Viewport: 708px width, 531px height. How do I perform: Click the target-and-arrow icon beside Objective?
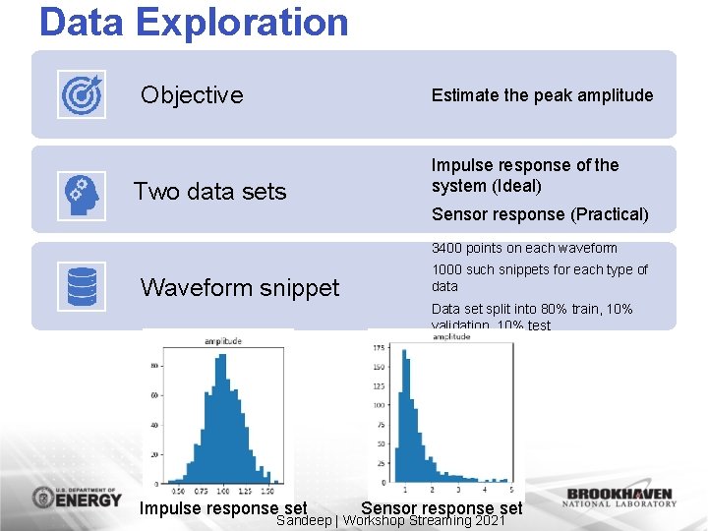tap(82, 95)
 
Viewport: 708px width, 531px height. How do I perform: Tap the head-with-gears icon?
tap(82, 192)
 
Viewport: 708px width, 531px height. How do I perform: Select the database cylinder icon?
tap(82, 287)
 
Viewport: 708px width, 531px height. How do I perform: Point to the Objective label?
tap(192, 95)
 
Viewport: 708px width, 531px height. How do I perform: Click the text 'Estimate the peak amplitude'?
tap(542, 95)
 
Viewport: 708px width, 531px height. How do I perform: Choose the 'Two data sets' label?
tap(209, 192)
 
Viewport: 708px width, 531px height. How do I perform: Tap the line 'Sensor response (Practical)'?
tap(540, 214)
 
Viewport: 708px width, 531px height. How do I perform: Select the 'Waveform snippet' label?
tap(240, 287)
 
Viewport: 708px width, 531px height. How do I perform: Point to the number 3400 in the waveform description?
tap(447, 248)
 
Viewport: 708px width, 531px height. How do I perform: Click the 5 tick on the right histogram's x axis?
tap(511, 490)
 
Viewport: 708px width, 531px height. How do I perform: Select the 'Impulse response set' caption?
tap(223, 507)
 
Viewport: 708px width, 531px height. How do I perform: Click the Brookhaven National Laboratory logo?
tap(619, 498)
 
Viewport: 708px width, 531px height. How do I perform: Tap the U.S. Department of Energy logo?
tap(77, 497)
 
